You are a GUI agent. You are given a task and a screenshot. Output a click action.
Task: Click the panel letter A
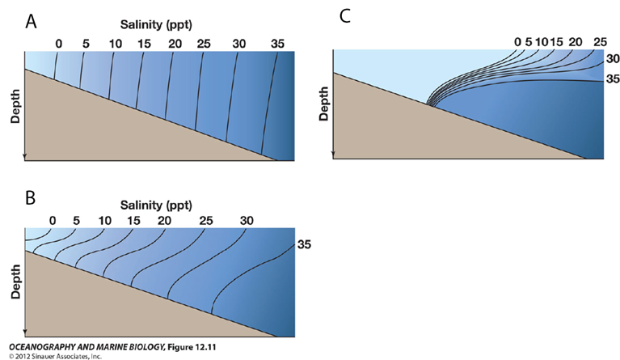[32, 22]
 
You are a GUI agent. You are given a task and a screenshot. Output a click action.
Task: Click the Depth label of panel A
[15, 107]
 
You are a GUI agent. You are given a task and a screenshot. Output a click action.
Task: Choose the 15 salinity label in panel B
[134, 220]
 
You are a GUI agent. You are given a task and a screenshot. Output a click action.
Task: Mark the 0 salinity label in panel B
[53, 220]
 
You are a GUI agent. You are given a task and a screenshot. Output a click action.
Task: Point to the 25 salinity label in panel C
[599, 41]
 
